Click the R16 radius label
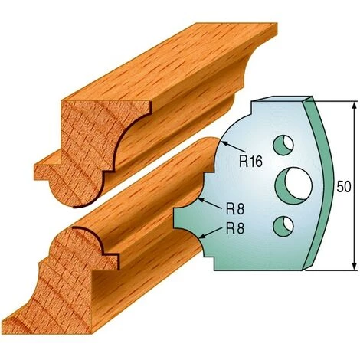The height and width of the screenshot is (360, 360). point(251,162)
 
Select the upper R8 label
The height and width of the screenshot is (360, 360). point(235,209)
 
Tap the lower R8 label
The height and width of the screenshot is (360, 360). point(235,228)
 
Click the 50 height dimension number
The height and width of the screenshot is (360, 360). point(344,187)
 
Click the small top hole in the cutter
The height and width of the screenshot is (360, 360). point(283,146)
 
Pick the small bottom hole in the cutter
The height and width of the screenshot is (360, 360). point(283,226)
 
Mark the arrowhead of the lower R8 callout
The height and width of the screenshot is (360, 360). point(201,236)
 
